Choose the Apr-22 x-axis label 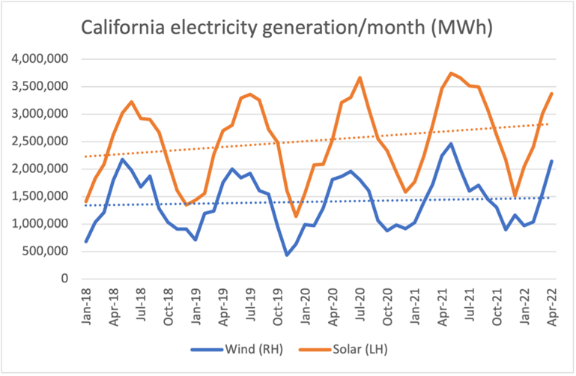pyautogui.click(x=551, y=304)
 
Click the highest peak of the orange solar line pyautogui.click(x=451, y=73)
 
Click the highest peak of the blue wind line pyautogui.click(x=452, y=144)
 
